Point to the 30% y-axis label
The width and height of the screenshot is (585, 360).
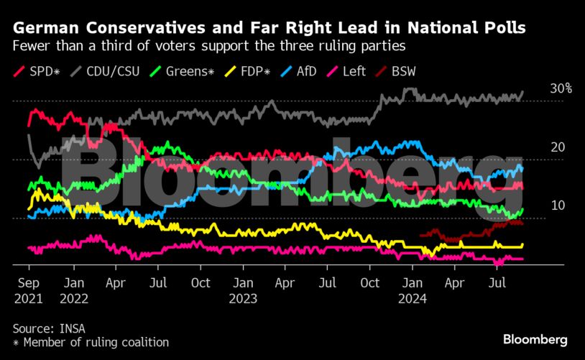coord(561,88)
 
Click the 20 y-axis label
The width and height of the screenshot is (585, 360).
coord(558,147)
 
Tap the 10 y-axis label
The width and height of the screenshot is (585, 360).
coord(558,206)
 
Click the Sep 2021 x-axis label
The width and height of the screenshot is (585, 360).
coord(28,290)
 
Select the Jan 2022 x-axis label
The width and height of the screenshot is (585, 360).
coord(73,290)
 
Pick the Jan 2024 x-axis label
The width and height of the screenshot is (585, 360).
coord(413,290)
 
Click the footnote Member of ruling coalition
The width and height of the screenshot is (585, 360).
coord(96,343)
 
